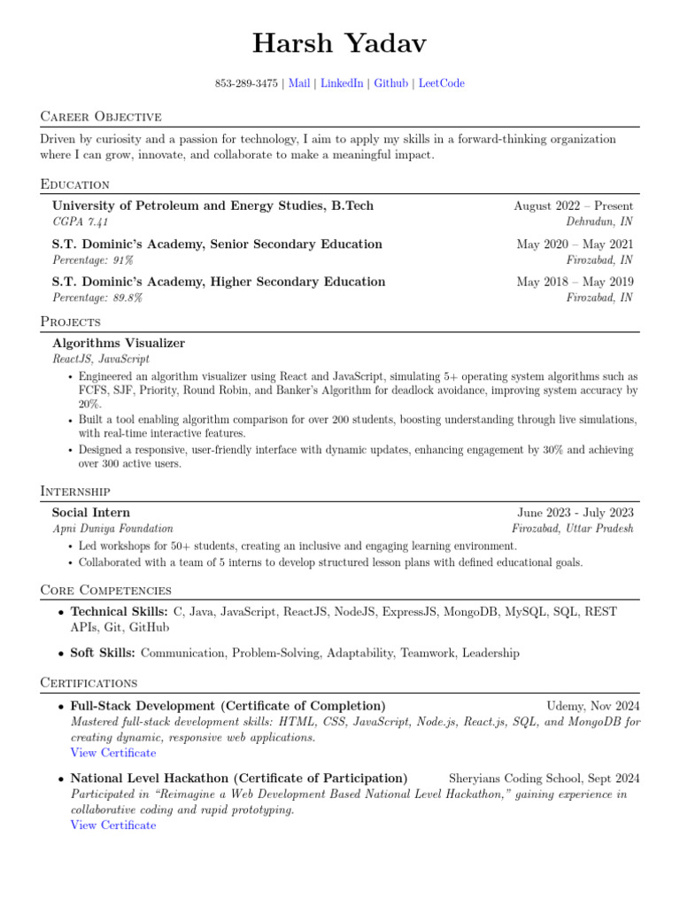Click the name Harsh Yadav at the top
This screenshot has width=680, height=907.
point(339,42)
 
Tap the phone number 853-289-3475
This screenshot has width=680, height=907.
point(246,83)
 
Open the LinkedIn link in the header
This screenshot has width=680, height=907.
point(342,83)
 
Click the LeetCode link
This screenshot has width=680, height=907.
point(441,83)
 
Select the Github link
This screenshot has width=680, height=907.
point(390,83)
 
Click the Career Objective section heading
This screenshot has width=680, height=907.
point(101,116)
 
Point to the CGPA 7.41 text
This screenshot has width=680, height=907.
point(81,221)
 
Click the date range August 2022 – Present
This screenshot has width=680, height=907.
point(573,205)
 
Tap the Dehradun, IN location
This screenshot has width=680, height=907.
point(599,221)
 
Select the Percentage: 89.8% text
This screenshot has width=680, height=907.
point(97,298)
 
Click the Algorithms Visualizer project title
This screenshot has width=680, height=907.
point(119,343)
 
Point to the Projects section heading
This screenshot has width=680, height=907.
point(70,321)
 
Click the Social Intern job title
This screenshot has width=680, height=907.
point(90,512)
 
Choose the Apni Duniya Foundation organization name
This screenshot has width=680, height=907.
point(112,528)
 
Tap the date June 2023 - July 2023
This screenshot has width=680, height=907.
point(576,512)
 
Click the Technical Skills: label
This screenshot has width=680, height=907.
point(120,611)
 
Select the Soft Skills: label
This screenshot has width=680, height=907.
point(103,653)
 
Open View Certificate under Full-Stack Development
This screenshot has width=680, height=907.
point(113,753)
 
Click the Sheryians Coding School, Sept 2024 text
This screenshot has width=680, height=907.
point(545,779)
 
